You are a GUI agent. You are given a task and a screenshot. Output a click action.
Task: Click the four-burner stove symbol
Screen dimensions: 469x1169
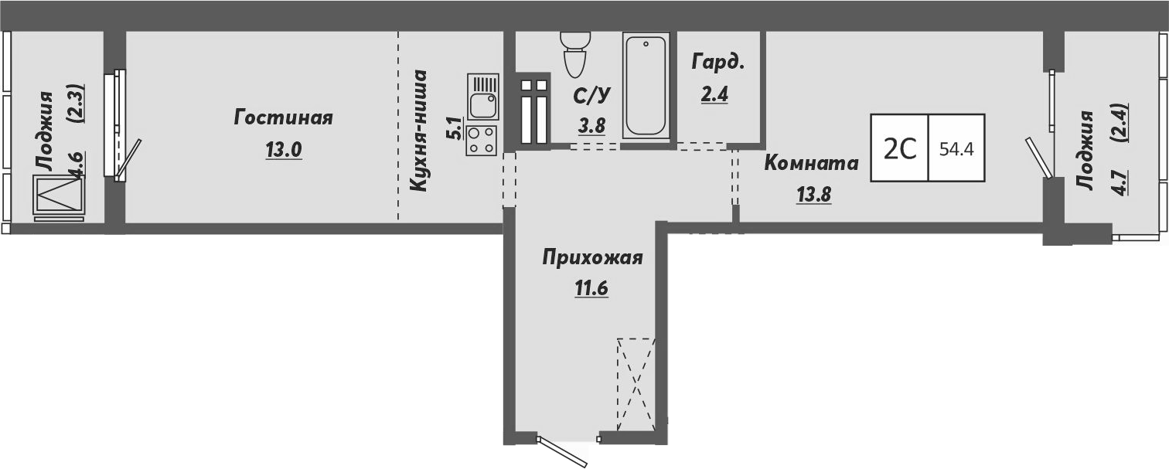point(482,141)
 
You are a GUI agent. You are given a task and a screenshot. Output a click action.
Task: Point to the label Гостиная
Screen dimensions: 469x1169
point(284,118)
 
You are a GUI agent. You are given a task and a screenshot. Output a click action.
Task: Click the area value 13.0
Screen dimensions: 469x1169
point(283,150)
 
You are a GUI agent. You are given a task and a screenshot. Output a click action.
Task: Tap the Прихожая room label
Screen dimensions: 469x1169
point(592,257)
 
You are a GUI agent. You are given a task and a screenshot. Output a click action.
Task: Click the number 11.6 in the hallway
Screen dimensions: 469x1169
point(591,288)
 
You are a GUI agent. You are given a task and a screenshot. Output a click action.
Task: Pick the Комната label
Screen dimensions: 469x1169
point(811,163)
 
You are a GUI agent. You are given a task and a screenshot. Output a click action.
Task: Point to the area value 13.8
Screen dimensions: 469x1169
point(813,194)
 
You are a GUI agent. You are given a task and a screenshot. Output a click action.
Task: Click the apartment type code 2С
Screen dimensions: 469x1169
point(900,148)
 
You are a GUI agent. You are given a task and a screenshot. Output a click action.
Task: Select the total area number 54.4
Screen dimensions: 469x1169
point(956,148)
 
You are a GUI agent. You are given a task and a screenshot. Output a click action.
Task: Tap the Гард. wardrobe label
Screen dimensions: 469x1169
point(719,63)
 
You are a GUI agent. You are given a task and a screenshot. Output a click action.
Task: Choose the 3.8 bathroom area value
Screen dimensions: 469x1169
point(592,126)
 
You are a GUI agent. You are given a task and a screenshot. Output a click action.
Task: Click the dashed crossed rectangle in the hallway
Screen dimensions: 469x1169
point(636,384)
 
